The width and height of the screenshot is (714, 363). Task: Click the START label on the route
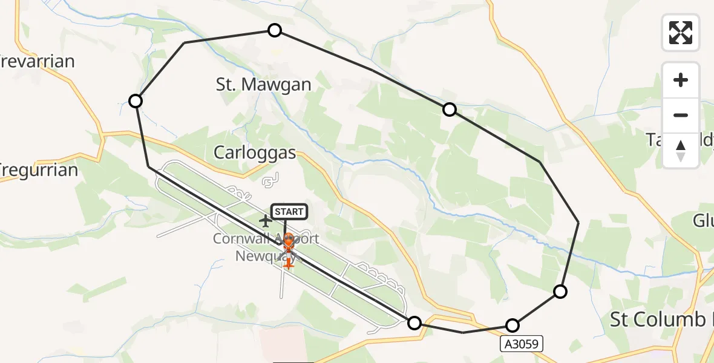coord(290,212)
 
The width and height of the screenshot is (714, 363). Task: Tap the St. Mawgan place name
coord(263,85)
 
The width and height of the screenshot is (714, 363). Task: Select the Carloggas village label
coord(255,152)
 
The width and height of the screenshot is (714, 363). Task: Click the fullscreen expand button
coord(681,33)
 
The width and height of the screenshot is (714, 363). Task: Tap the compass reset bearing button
coord(681,150)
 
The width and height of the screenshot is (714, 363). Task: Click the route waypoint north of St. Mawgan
coord(275,30)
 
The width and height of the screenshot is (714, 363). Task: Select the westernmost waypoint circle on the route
coord(136,101)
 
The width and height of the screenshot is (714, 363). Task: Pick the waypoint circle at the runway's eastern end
coord(414,323)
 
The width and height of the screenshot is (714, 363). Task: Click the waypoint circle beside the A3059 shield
coord(513,325)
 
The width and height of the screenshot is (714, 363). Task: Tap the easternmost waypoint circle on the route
coord(561,292)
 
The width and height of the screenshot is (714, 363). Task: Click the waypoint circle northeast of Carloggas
coord(450,110)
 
